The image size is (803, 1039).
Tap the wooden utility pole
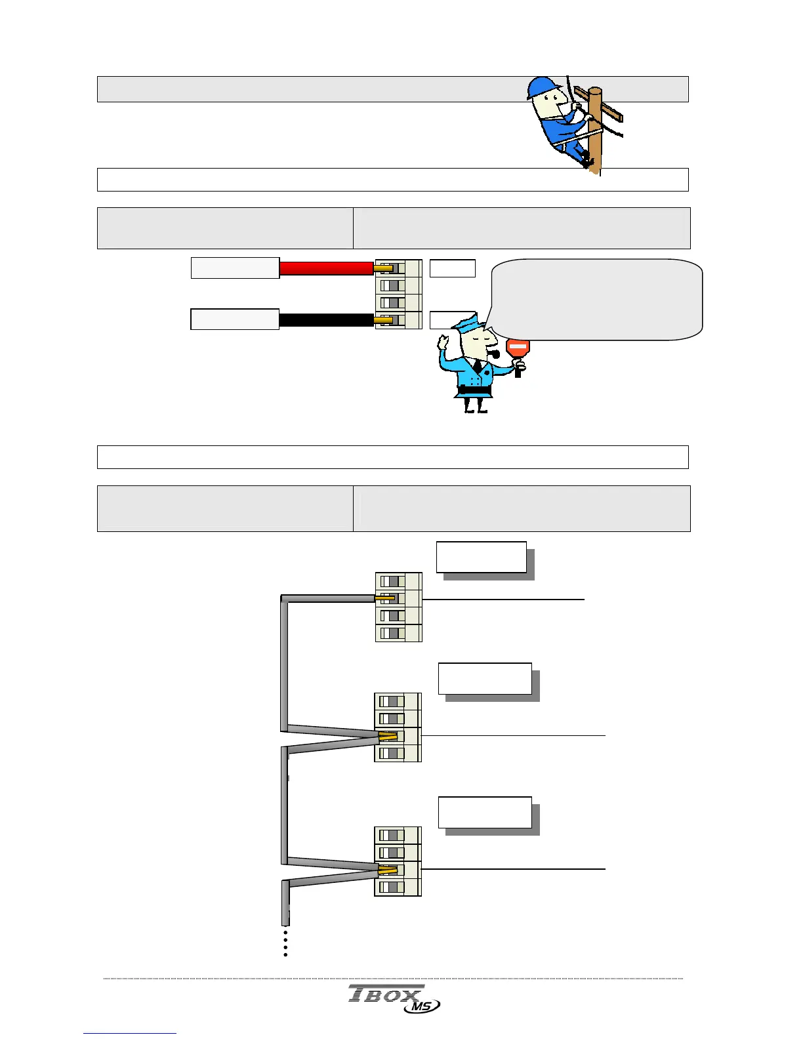point(595,131)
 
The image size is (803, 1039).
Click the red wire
point(326,268)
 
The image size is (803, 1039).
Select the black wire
point(326,320)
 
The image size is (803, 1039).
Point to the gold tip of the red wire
point(383,268)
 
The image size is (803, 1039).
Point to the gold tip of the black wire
point(383,320)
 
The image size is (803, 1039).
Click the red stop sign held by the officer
point(518,347)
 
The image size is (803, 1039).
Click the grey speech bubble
point(596,299)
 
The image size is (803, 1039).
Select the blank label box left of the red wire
point(235,268)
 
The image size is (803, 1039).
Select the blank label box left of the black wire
point(235,319)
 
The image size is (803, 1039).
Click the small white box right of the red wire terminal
point(452,268)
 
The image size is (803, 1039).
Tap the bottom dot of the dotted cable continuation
point(285,954)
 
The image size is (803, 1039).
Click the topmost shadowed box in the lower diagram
point(482,558)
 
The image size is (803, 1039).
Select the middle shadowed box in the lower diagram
point(485,679)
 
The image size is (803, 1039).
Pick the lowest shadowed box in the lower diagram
point(485,813)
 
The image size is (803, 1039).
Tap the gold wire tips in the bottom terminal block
point(388,870)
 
